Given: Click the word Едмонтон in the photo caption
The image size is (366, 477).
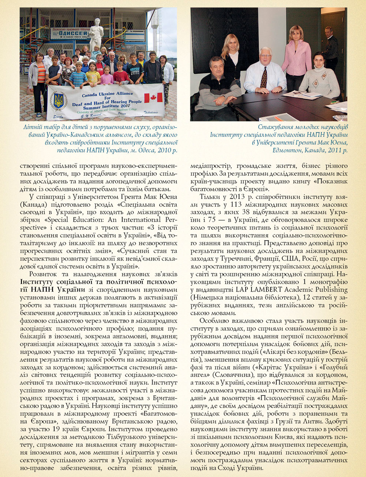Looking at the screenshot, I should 287,150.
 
